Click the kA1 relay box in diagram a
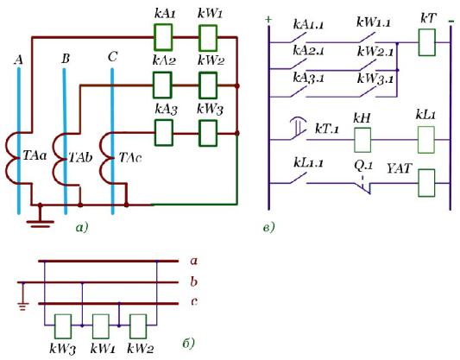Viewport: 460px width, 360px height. coord(163,37)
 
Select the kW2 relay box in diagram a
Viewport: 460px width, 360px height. coord(208,85)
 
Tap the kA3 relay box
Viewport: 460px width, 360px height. coord(163,133)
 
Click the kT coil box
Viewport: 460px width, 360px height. coord(427,42)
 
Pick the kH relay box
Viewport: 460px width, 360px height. coord(362,140)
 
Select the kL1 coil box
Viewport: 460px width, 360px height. coord(426,140)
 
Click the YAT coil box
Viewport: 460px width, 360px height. coord(426,183)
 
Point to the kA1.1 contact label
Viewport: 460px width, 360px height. coord(308,24)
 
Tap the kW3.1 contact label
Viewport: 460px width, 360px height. coord(375,79)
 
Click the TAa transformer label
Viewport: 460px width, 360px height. coord(35,155)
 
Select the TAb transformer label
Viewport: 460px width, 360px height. coord(80,157)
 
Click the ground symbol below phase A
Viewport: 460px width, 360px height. coord(41,218)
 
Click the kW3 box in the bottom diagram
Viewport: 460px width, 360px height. coord(63,326)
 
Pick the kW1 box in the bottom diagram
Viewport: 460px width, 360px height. coord(101,326)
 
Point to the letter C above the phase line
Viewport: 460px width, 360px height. coord(113,57)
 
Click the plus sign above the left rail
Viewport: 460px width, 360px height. coord(268,20)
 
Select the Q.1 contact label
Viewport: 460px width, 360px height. coord(363,166)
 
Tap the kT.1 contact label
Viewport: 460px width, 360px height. coord(326,129)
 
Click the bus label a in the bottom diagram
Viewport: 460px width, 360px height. coord(193,261)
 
